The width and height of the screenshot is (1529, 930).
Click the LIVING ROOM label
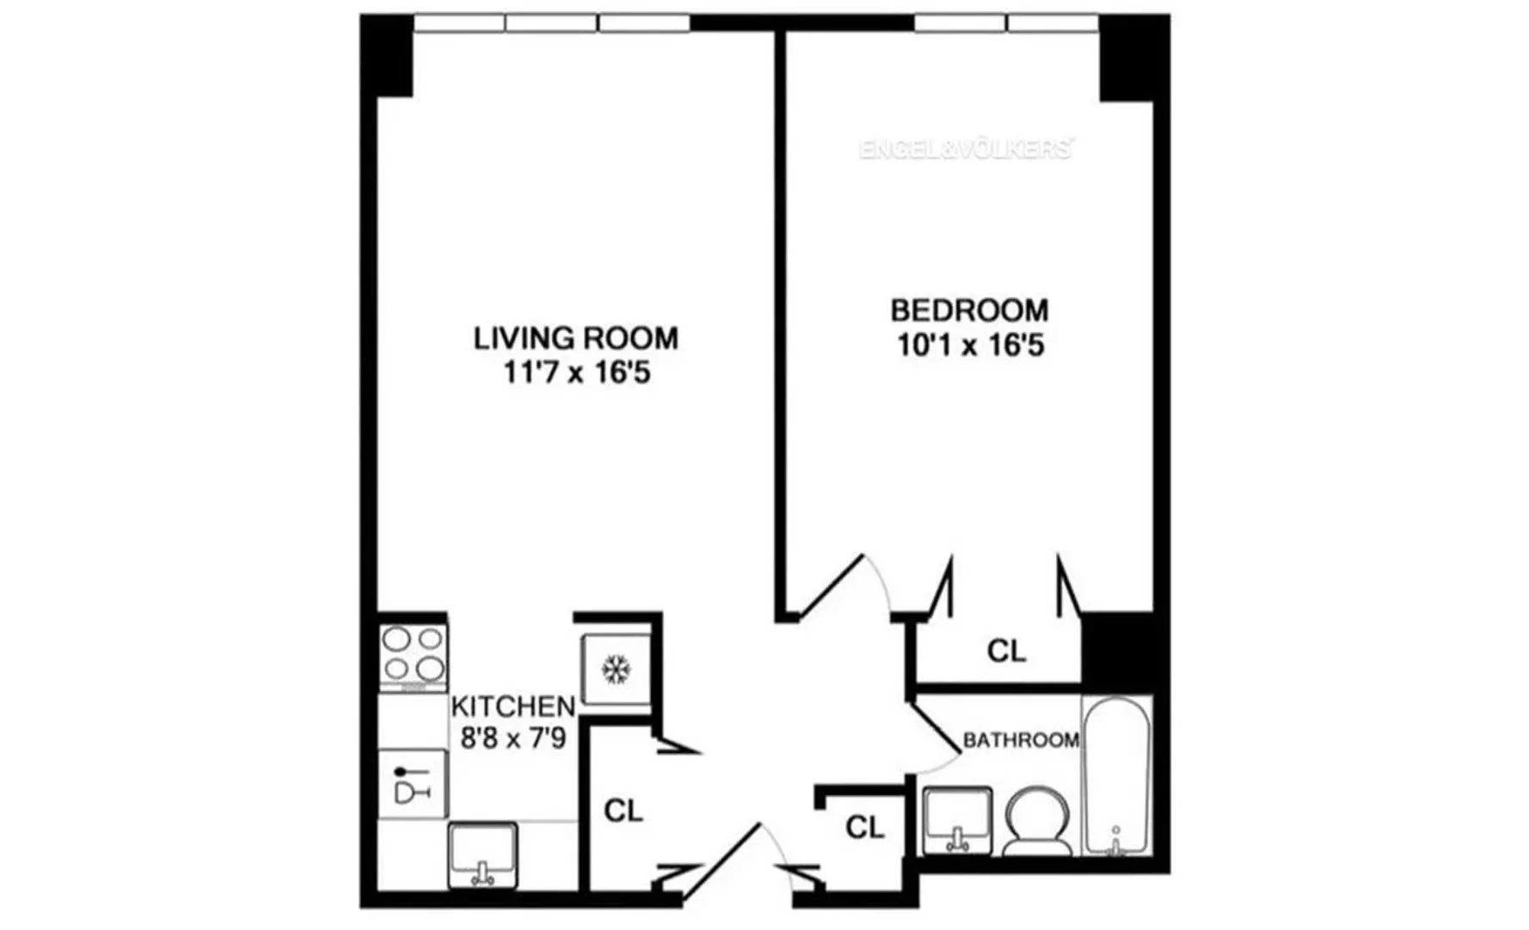pyautogui.click(x=575, y=338)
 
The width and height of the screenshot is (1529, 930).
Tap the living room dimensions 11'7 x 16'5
pyautogui.click(x=575, y=374)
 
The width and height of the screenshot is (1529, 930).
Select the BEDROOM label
pyautogui.click(x=969, y=309)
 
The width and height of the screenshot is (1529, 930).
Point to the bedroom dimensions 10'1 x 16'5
pyautogui.click(x=970, y=346)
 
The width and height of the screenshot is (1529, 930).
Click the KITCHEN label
pyautogui.click(x=513, y=707)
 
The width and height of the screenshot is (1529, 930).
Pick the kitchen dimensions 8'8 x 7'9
pyautogui.click(x=513, y=737)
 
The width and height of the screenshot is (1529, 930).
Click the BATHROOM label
pyautogui.click(x=1021, y=740)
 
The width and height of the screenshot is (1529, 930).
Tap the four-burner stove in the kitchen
pyautogui.click(x=414, y=655)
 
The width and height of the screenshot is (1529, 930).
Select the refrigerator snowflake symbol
pyautogui.click(x=616, y=669)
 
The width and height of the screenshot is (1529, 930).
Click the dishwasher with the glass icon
pyautogui.click(x=413, y=783)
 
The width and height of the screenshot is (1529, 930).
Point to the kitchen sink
pyautogui.click(x=482, y=854)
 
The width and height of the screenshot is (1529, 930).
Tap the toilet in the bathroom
pyautogui.click(x=1037, y=823)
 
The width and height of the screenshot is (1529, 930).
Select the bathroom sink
pyautogui.click(x=956, y=820)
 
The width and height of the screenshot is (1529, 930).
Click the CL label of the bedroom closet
pyautogui.click(x=1006, y=652)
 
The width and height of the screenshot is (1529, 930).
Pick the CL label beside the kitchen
pyautogui.click(x=623, y=811)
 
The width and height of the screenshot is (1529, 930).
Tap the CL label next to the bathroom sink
pyautogui.click(x=864, y=827)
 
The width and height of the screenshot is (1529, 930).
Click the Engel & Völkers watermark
pyautogui.click(x=965, y=149)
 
